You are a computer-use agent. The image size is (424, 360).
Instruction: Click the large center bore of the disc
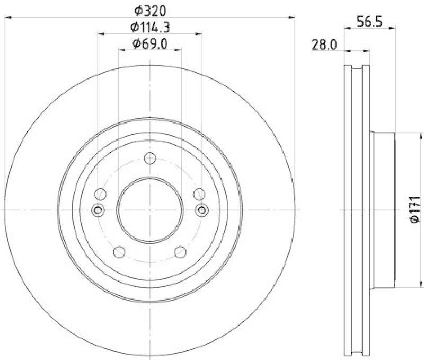(149, 210)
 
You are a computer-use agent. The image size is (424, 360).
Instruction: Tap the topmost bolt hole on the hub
(149, 157)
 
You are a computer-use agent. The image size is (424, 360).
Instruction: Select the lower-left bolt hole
(119, 252)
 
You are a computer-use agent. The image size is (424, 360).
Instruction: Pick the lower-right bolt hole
(180, 252)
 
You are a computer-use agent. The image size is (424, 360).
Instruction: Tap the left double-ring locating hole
(97, 210)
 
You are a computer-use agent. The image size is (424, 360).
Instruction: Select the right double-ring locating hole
(202, 210)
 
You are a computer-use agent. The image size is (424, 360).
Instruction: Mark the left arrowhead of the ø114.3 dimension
(101, 34)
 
